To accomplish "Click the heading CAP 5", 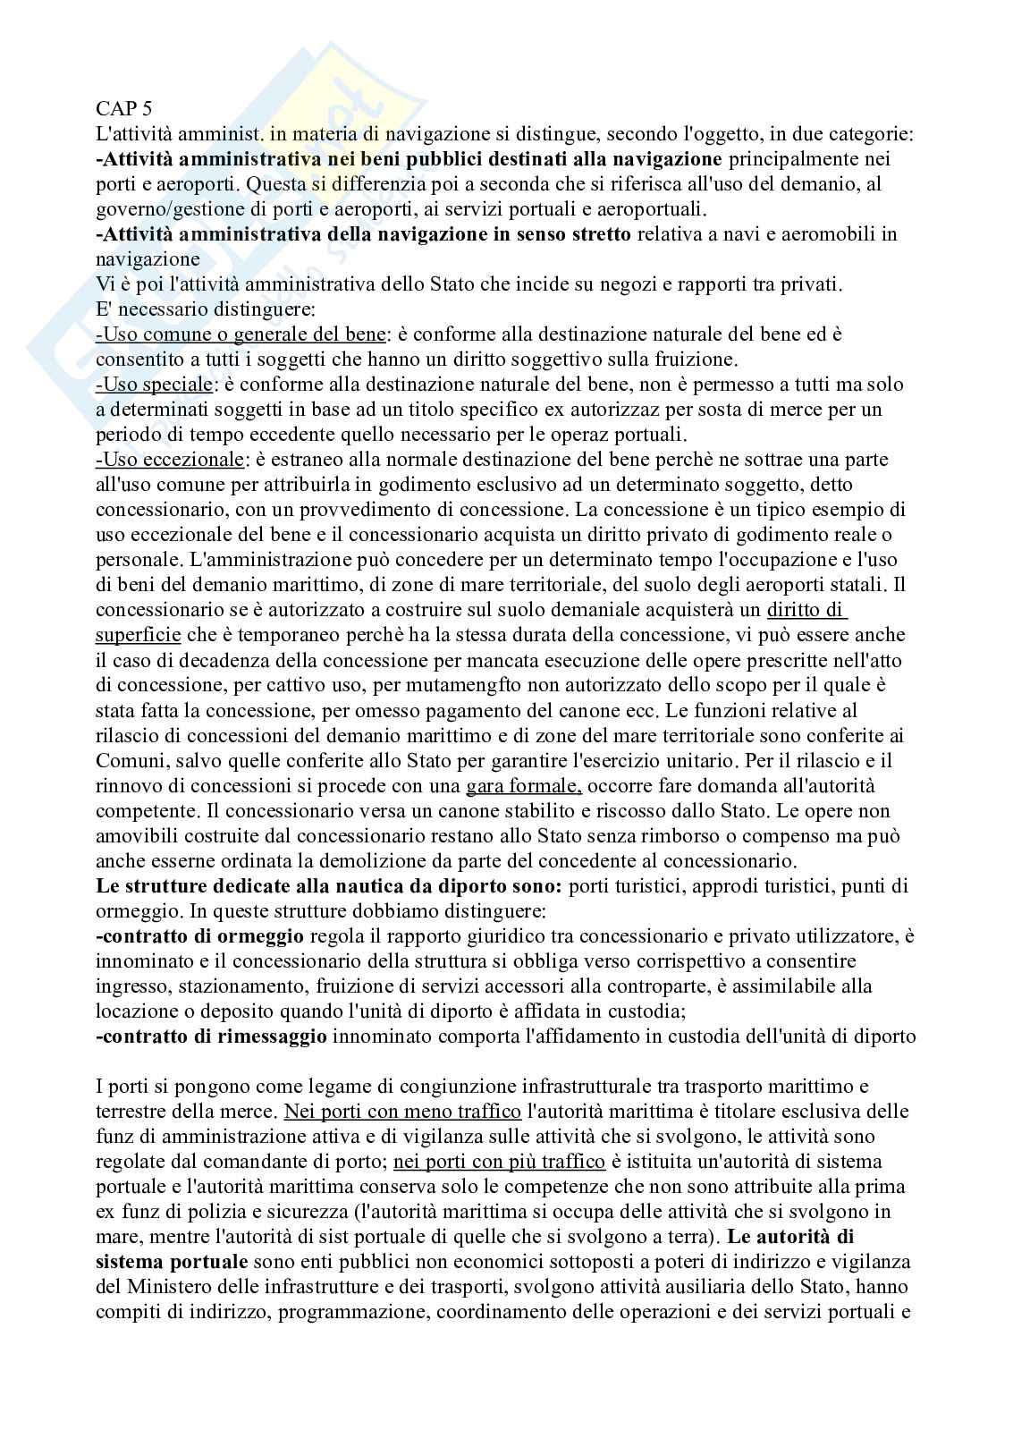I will click(123, 109).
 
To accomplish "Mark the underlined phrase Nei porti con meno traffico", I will click(402, 1112).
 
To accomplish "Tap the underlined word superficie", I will click(138, 636).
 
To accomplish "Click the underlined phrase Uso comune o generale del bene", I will click(241, 334).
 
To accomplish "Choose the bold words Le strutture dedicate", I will click(174, 886).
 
